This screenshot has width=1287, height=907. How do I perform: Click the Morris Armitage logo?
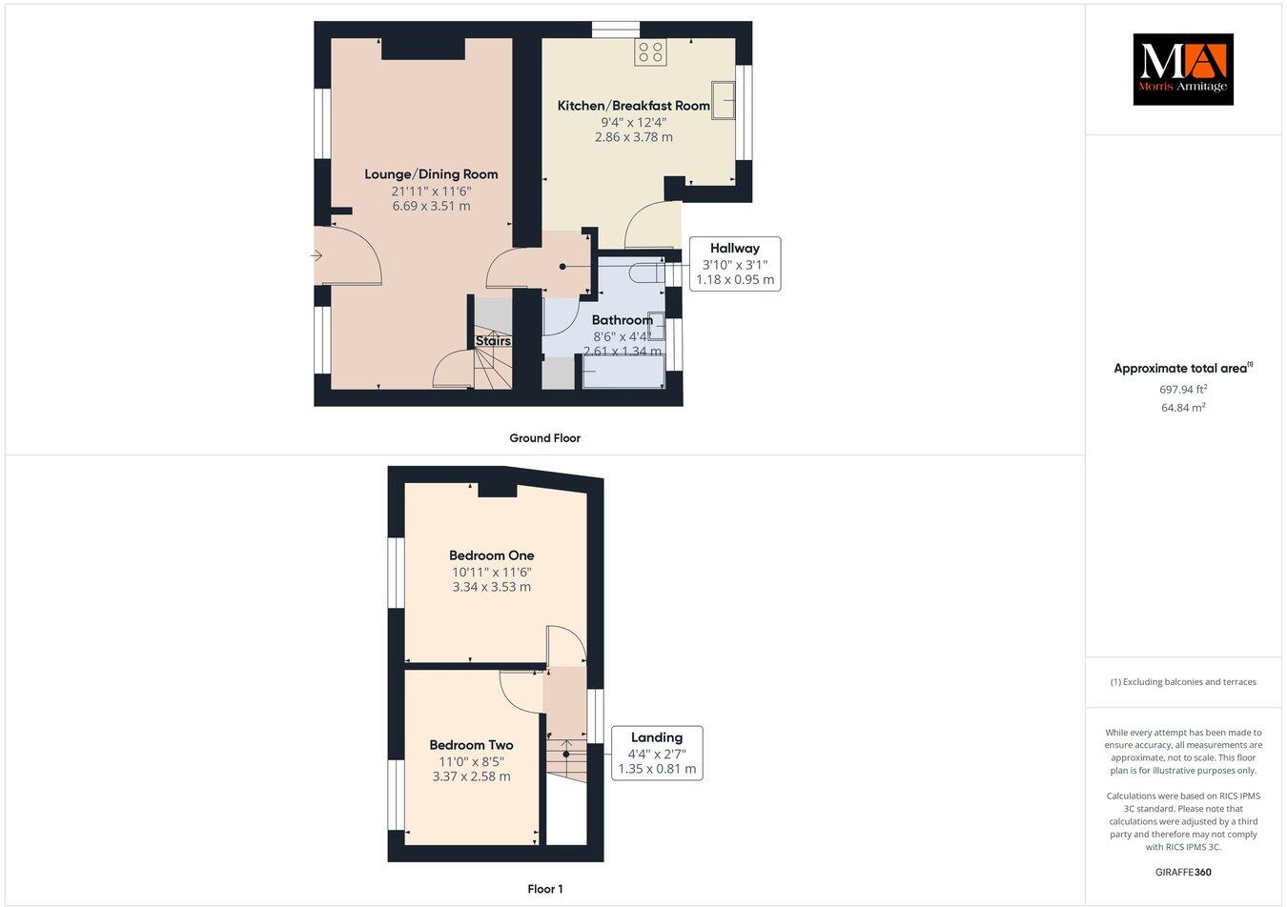click(x=1182, y=70)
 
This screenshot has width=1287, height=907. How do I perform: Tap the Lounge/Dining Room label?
click(x=431, y=174)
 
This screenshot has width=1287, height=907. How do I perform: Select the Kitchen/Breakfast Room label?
click(x=633, y=106)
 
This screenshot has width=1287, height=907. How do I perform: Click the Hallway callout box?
click(x=734, y=264)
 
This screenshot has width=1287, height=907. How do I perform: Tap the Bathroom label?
click(x=622, y=320)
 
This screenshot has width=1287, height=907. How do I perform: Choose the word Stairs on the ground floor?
click(x=493, y=341)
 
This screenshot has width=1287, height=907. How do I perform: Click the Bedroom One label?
click(x=491, y=555)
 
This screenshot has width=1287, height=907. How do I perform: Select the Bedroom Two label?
click(x=471, y=746)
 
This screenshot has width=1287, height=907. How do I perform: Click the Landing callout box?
click(x=657, y=753)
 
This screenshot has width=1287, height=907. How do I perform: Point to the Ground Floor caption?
click(x=544, y=438)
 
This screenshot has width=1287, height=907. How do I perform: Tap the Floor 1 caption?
click(x=545, y=890)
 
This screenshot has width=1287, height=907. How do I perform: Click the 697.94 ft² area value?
click(x=1183, y=389)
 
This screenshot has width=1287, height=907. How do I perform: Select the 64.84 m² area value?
click(x=1183, y=408)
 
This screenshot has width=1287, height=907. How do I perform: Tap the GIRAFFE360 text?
click(x=1183, y=872)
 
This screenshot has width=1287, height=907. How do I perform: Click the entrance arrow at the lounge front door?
click(x=317, y=255)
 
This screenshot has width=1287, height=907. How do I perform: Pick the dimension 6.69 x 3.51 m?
click(x=431, y=206)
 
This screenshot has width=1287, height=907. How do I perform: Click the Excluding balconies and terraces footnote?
click(x=1183, y=682)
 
